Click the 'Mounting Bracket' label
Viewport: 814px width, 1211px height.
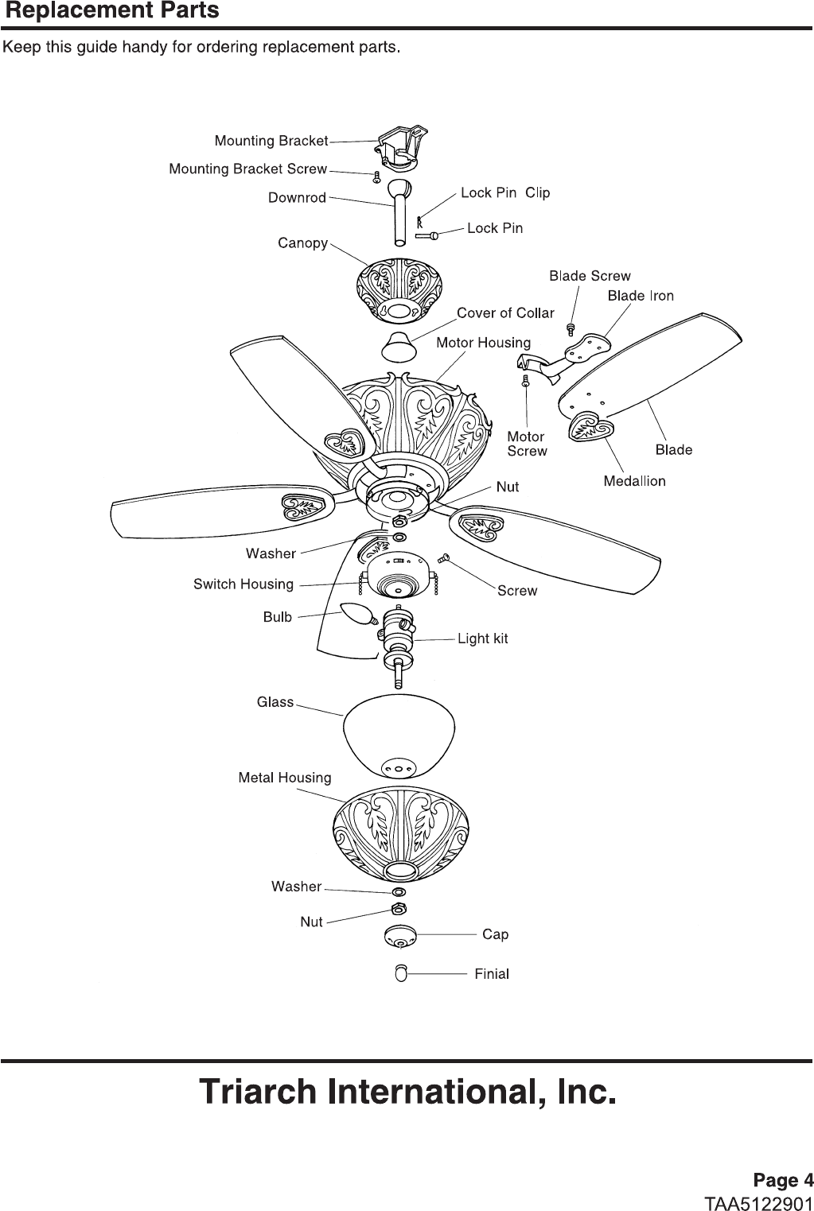[x=271, y=141]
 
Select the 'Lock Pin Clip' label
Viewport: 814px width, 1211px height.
[x=505, y=192]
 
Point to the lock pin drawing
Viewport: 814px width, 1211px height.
[x=427, y=235]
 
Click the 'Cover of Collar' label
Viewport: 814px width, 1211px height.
[x=505, y=312]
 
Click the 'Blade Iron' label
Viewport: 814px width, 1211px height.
[x=641, y=296]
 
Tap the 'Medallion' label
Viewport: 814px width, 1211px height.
[x=634, y=481]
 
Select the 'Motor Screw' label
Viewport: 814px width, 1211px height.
[x=527, y=444]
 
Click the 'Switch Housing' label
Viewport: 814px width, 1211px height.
[x=243, y=584]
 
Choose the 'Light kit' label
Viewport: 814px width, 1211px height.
[x=482, y=638]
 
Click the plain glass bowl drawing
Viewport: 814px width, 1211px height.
[x=398, y=736]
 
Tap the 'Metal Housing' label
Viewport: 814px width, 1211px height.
[x=285, y=778]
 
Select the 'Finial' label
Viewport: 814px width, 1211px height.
[x=492, y=973]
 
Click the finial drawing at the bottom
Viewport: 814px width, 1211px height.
[x=400, y=973]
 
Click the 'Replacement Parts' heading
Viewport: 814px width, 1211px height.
[x=112, y=11]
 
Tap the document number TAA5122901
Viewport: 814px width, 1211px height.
[x=758, y=1201]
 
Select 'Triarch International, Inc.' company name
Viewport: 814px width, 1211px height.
[x=407, y=1092]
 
